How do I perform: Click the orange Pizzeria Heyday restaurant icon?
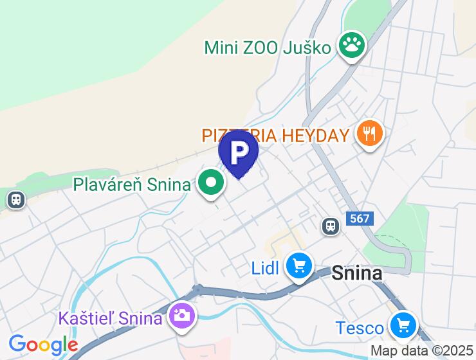tap(370, 134)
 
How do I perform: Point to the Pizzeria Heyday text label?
tap(275, 136)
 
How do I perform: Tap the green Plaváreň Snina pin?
tap(211, 183)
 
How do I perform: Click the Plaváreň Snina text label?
tap(132, 184)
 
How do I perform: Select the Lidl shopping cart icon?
tap(299, 265)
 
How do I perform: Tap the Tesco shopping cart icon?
tap(403, 327)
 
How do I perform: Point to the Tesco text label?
tap(360, 328)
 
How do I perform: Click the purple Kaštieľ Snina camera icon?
tap(182, 315)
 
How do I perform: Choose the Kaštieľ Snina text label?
tap(109, 318)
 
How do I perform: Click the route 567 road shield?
tap(360, 219)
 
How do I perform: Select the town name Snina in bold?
tap(357, 273)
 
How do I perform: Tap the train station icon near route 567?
tap(331, 226)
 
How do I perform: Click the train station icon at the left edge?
tap(15, 200)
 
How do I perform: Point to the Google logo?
tap(43, 345)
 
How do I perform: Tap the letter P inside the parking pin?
tap(239, 152)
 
